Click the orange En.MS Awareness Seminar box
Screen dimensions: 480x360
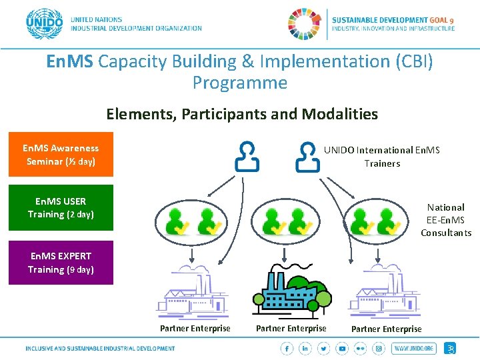coord(61,155)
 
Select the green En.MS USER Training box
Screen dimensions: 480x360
coord(61,208)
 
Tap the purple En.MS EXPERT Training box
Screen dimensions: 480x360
coord(61,263)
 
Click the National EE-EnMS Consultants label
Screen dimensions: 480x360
coord(446,220)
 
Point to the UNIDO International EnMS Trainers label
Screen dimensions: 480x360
coord(382,157)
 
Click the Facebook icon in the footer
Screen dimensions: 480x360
coord(287,349)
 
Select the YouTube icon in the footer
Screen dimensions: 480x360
coord(342,349)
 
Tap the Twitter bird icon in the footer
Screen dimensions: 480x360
coord(323,349)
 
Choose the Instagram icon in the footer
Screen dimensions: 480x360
coord(379,349)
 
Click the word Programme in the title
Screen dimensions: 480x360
coord(240,83)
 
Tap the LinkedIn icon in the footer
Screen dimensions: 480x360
coord(305,349)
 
